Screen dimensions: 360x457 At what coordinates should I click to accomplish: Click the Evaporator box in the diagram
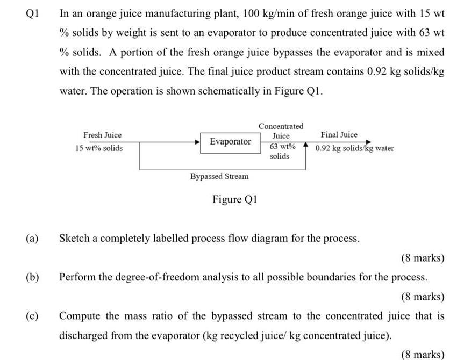230,142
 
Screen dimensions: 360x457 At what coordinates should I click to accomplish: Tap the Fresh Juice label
103,135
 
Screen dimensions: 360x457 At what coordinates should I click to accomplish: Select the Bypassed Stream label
219,176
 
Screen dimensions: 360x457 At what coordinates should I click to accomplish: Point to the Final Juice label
339,135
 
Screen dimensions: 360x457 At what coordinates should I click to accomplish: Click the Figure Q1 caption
235,199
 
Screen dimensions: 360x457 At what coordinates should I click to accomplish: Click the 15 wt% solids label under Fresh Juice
99,148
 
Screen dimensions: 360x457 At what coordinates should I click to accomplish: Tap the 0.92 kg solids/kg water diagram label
355,148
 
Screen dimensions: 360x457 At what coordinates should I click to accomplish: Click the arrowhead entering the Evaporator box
197,142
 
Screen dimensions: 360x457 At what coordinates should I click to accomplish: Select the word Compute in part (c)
80,316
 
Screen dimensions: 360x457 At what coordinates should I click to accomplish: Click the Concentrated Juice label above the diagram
281,131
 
